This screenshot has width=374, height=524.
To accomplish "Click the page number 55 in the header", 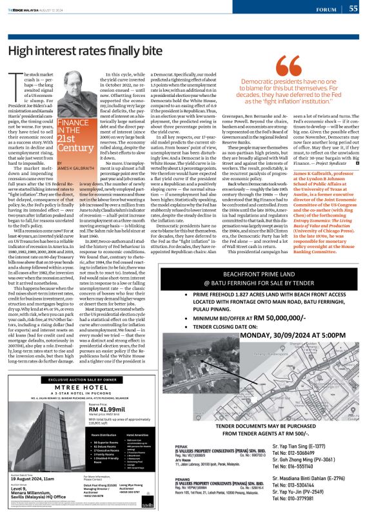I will tap(353, 8).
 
